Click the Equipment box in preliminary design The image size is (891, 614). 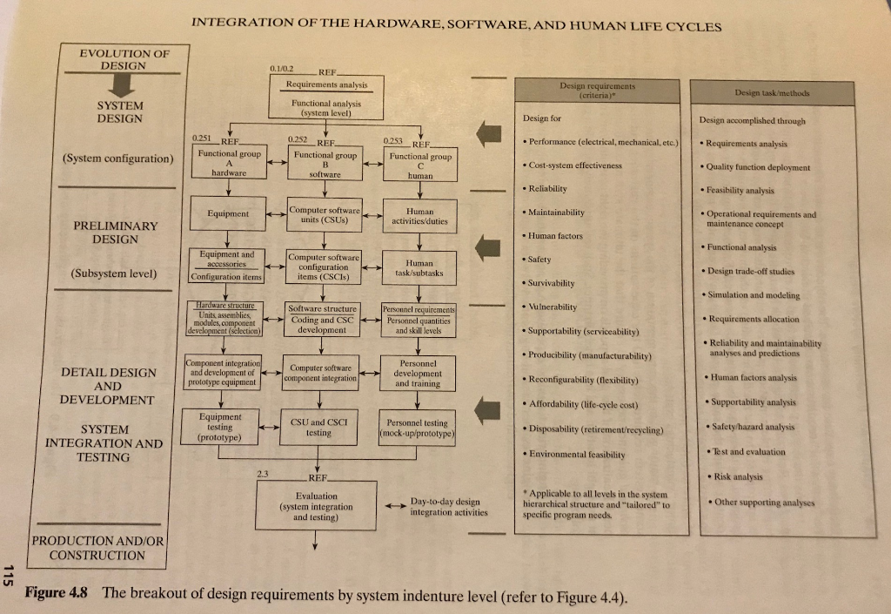click(x=227, y=213)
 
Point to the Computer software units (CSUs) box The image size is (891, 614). click(x=323, y=214)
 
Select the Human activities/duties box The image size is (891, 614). click(x=420, y=215)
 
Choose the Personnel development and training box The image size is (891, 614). click(x=419, y=373)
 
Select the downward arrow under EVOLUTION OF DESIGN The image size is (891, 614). click(x=123, y=84)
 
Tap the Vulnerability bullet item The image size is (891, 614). click(x=553, y=307)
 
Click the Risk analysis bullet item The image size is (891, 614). click(x=737, y=476)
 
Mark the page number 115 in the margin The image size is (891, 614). click(x=10, y=576)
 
